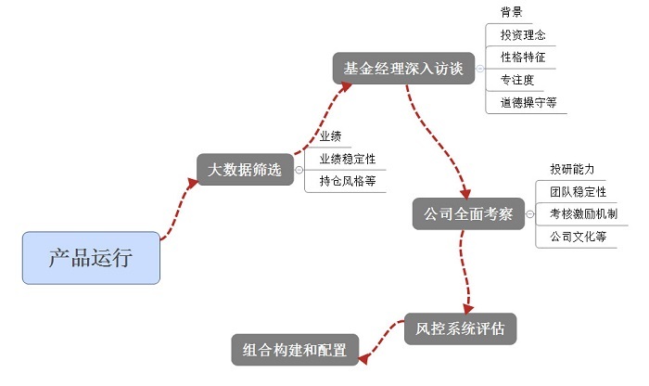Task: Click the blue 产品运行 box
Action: (91, 257)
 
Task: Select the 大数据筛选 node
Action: (244, 170)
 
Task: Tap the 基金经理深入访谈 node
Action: (402, 68)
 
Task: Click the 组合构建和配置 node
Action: (294, 350)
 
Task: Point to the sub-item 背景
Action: (511, 12)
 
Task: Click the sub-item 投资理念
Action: (522, 35)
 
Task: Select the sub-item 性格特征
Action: (522, 58)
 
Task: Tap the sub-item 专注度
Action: (516, 80)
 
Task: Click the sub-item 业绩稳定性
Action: (347, 159)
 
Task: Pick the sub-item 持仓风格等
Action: (347, 181)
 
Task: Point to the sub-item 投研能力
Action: (571, 169)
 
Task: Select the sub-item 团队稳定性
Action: (578, 191)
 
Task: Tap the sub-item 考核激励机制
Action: (583, 213)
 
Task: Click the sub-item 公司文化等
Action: (578, 237)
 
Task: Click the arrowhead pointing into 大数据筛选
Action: (192, 180)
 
